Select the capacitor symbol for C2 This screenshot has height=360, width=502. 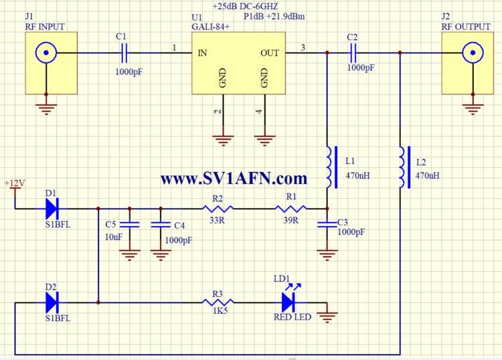[353, 51]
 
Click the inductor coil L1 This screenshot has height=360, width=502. [329, 167]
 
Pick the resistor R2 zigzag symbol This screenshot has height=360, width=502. [216, 208]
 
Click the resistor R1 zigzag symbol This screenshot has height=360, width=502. [290, 208]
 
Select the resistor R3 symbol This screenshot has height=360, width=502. [216, 302]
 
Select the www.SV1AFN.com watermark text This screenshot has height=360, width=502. [234, 178]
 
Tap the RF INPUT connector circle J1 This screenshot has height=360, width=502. [46, 52]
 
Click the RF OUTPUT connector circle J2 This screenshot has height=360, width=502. [473, 52]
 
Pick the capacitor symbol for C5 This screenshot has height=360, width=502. [129, 223]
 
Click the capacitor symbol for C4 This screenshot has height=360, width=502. [160, 223]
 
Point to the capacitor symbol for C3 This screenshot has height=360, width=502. [327, 223]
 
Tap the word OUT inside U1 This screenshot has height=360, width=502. [270, 52]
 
